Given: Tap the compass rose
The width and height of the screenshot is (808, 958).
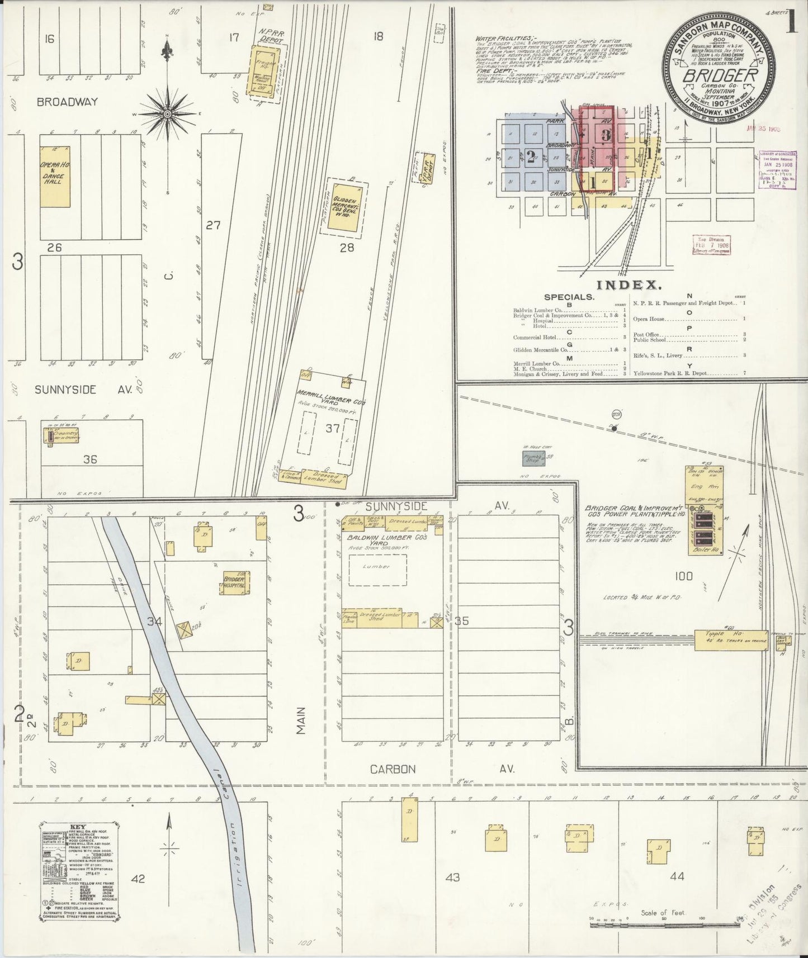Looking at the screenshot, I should (x=167, y=113).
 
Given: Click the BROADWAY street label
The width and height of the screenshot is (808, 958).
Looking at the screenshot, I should (x=67, y=102).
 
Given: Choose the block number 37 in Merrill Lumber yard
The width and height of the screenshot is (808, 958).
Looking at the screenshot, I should (x=333, y=428).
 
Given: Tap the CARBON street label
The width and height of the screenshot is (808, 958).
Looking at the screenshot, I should (x=393, y=769).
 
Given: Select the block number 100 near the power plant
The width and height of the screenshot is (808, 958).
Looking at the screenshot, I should (x=683, y=576).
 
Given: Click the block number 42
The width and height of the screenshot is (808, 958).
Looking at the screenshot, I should (x=138, y=879).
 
